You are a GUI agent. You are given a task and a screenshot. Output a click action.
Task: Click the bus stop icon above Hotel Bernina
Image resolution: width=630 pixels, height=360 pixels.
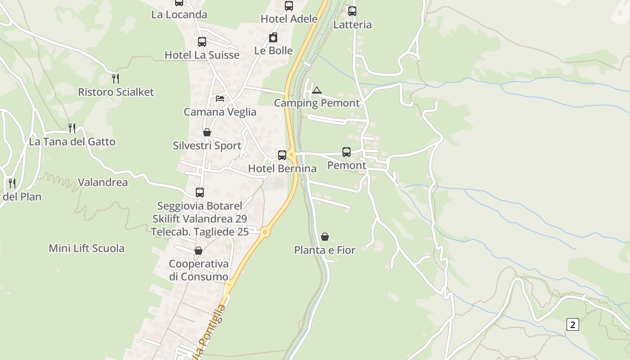pyautogui.click(x=282, y=155)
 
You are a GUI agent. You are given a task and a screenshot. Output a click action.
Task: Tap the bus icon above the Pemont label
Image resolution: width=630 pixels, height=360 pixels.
pyautogui.click(x=346, y=152)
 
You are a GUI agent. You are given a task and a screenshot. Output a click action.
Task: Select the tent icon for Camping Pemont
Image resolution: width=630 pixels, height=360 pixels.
pyautogui.click(x=317, y=90)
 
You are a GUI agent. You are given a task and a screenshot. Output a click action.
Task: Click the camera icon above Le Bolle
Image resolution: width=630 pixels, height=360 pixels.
pyautogui.click(x=273, y=37)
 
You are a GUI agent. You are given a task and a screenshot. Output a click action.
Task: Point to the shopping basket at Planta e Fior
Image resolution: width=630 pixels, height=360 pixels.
pyautogui.click(x=324, y=237)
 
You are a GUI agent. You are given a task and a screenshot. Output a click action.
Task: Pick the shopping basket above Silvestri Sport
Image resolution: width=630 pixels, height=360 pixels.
pyautogui.click(x=207, y=132)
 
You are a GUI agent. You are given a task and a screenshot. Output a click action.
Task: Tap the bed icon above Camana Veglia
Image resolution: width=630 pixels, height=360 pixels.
pyautogui.click(x=220, y=99)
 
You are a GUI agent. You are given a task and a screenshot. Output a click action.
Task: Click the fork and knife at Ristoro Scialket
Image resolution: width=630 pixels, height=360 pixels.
pyautogui.click(x=116, y=79)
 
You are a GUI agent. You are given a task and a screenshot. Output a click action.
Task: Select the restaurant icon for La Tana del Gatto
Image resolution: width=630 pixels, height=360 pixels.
pyautogui.click(x=72, y=128)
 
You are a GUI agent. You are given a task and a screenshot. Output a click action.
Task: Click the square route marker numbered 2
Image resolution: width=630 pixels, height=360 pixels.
pyautogui.click(x=572, y=324)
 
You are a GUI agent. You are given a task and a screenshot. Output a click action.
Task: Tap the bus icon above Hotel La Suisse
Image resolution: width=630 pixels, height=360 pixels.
pyautogui.click(x=202, y=42)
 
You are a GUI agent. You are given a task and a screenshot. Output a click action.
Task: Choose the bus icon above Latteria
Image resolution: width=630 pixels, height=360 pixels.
pyautogui.click(x=352, y=11)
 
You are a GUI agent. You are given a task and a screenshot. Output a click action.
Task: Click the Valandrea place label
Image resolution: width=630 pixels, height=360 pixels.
pyautogui.click(x=103, y=182)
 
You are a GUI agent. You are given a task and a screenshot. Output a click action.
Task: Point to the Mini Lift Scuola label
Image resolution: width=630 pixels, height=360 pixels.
pyautogui.click(x=86, y=248)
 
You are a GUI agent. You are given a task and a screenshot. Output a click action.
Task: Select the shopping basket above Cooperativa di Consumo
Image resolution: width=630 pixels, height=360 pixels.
pyautogui.click(x=198, y=251)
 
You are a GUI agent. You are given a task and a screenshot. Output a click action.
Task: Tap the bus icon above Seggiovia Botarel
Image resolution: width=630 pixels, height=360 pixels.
pyautogui.click(x=200, y=193)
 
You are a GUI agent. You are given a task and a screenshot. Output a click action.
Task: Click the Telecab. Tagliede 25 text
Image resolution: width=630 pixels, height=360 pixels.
pyautogui.click(x=200, y=232)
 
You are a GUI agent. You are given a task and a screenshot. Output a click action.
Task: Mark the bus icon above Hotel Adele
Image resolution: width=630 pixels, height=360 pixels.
pyautogui.click(x=289, y=6)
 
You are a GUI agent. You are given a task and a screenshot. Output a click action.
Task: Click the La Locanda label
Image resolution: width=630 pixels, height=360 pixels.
pyautogui.click(x=179, y=14)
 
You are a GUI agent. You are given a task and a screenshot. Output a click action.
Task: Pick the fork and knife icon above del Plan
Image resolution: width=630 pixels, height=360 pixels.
pyautogui.click(x=12, y=184)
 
